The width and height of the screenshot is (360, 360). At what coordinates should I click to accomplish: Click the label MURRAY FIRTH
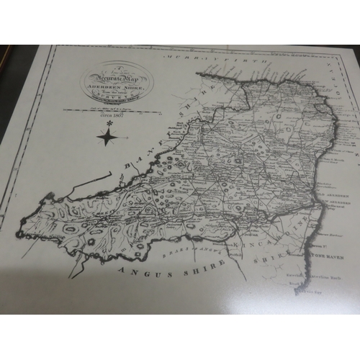pos(212,55)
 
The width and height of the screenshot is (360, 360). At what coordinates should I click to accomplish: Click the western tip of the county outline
pos(19,234)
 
